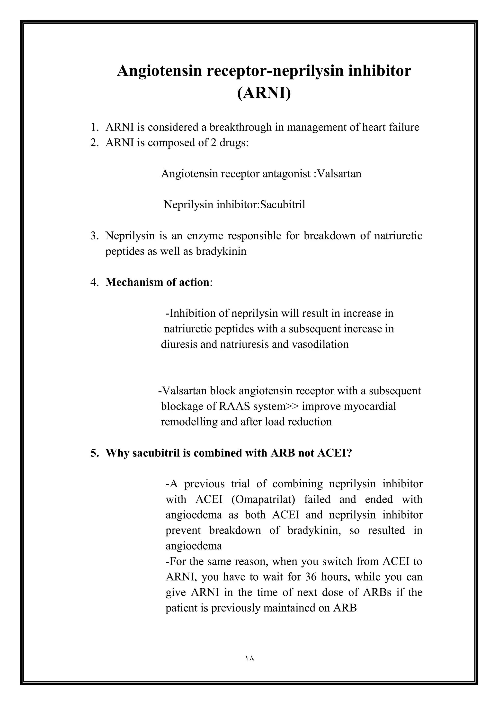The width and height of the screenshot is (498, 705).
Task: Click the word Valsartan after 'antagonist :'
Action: point(339,174)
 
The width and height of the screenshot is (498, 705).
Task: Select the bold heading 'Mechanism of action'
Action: point(157,282)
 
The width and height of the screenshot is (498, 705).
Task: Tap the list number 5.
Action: point(94,453)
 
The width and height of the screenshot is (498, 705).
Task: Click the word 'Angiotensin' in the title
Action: point(160,71)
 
